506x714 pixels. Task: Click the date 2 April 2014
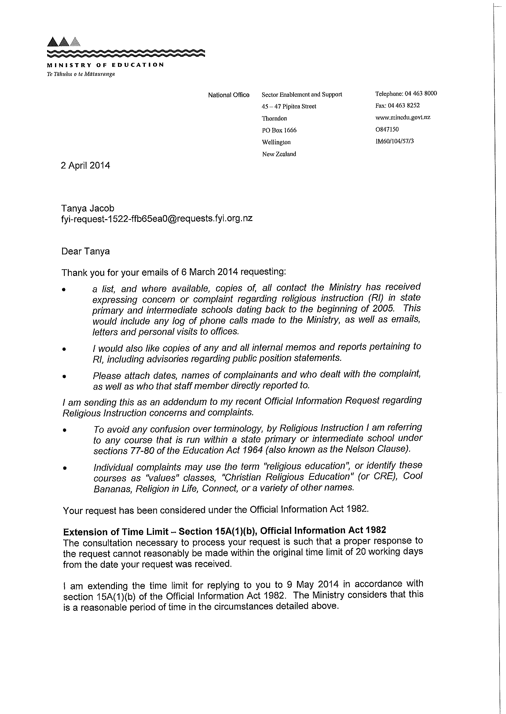pyautogui.click(x=85, y=165)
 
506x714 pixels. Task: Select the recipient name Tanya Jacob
pyautogui.click(x=88, y=208)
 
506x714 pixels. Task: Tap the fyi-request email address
pyautogui.click(x=157, y=219)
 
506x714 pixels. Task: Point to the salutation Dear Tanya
pyautogui.click(x=85, y=251)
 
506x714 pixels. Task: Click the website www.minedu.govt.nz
pyautogui.click(x=403, y=117)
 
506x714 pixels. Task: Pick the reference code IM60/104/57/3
pyautogui.click(x=395, y=141)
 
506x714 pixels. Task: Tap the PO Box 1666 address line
pyautogui.click(x=279, y=130)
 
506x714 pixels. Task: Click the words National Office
pyautogui.click(x=229, y=95)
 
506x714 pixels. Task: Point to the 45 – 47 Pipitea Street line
pyautogui.click(x=289, y=106)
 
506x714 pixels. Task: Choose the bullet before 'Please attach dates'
pyautogui.click(x=64, y=376)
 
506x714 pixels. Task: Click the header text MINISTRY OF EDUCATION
pyautogui.click(x=105, y=65)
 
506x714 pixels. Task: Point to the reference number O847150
pyautogui.click(x=387, y=129)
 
